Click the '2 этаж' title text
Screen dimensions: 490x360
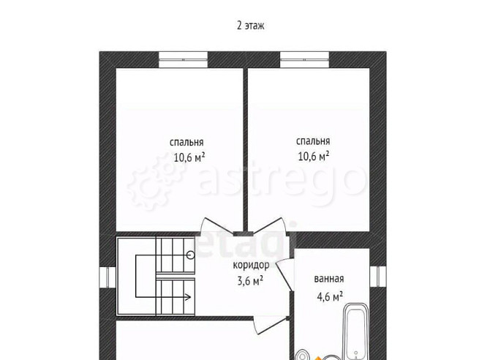click(x=250, y=26)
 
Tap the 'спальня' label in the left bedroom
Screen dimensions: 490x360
click(x=186, y=142)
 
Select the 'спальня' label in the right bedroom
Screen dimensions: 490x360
click(x=313, y=141)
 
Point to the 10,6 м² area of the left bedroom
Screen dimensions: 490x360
click(x=189, y=157)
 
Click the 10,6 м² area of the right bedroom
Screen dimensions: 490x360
click(x=314, y=156)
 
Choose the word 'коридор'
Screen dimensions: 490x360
click(x=251, y=265)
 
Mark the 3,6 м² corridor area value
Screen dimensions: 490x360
click(x=250, y=280)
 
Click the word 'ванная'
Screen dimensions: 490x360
click(x=329, y=279)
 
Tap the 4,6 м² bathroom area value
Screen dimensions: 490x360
click(x=330, y=296)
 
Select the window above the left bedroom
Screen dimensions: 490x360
click(x=183, y=60)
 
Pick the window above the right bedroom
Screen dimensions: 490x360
click(x=305, y=60)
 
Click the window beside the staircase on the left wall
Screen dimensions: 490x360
click(x=108, y=277)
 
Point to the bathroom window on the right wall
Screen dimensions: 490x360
click(x=378, y=276)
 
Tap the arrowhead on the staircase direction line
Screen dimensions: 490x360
click(x=189, y=297)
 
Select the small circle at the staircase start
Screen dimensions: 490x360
click(x=190, y=255)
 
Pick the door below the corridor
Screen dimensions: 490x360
click(x=271, y=326)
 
